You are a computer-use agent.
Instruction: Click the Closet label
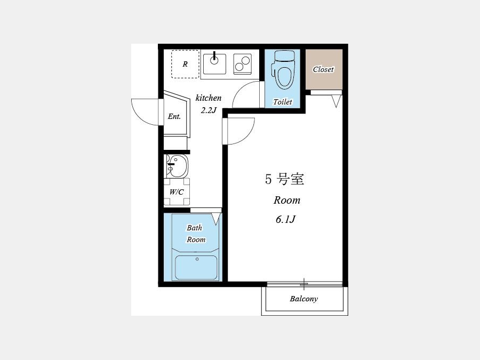tap(323, 69)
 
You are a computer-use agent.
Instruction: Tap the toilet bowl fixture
tap(284, 70)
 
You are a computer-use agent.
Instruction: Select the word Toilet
tap(283, 102)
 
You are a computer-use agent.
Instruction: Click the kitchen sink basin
tap(214, 64)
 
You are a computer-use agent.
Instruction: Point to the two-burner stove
tap(243, 64)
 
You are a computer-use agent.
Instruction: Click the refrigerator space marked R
tap(185, 64)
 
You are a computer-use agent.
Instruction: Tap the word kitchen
tap(209, 98)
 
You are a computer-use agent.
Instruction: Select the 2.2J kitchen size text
tap(209, 110)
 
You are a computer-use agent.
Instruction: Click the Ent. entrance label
tap(174, 116)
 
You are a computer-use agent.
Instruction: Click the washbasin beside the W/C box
tap(177, 166)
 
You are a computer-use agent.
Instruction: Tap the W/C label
tap(177, 192)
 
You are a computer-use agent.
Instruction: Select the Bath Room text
tap(196, 234)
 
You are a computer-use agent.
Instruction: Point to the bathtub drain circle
tap(197, 259)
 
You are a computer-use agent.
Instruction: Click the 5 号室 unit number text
tap(285, 179)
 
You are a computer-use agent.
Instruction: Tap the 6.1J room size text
tap(285, 219)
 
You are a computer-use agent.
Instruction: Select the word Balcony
tap(303, 299)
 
